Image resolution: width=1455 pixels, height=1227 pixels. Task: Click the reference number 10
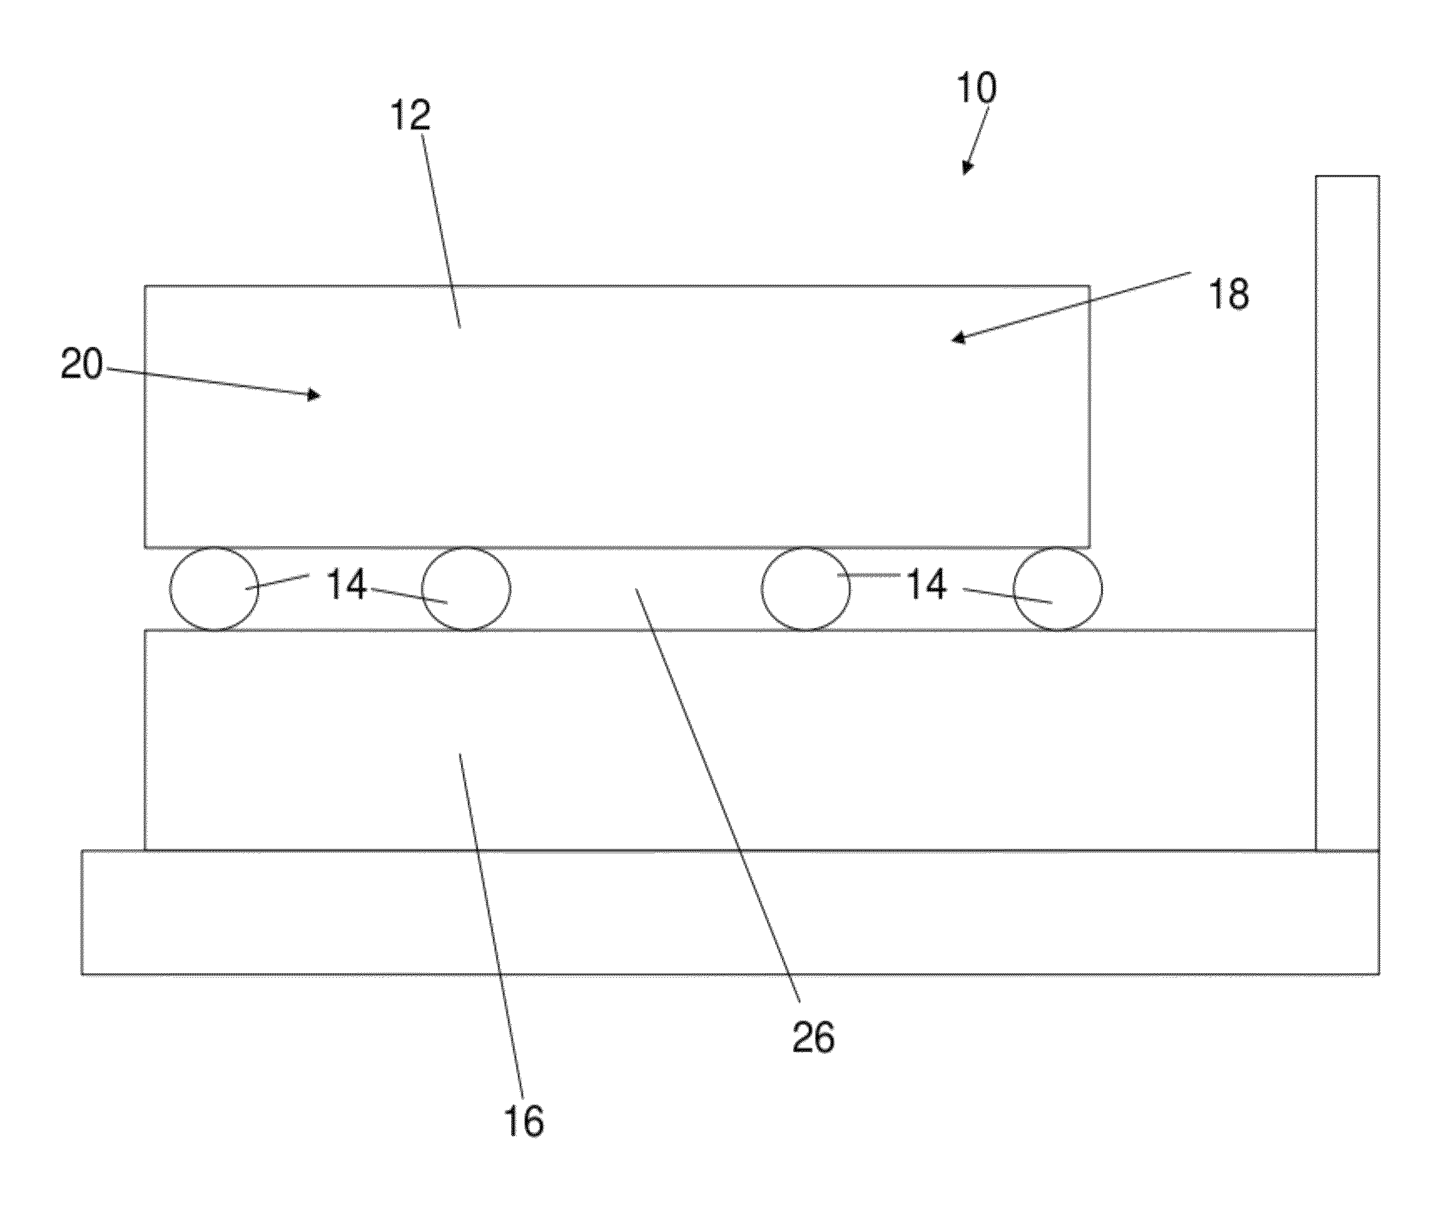tap(977, 89)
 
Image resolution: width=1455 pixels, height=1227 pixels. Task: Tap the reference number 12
tap(411, 115)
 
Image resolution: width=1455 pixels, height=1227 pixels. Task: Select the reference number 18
tap(1229, 294)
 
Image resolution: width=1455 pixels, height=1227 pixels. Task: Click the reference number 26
tap(813, 1037)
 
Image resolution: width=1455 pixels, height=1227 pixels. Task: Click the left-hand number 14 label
tap(346, 584)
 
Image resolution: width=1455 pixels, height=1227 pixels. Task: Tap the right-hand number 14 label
tap(927, 584)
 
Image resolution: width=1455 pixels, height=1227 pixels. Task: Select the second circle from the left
tap(466, 589)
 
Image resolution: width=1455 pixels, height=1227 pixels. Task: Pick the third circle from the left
tap(806, 589)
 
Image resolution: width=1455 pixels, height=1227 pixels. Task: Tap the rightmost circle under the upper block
tap(1057, 589)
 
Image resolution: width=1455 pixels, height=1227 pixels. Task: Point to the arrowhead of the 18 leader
tap(958, 339)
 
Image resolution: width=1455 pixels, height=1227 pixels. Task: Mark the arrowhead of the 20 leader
tap(315, 395)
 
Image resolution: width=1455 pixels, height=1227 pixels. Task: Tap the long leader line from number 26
tap(717, 793)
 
